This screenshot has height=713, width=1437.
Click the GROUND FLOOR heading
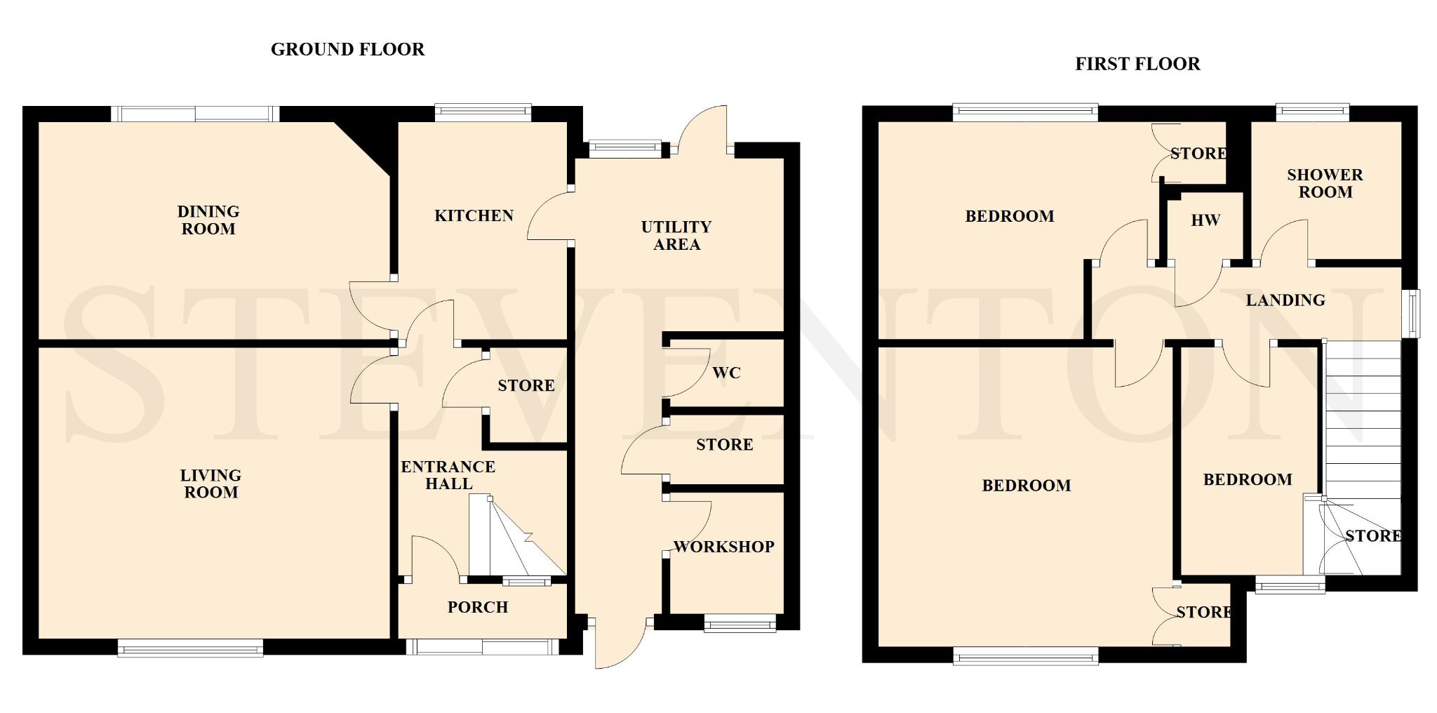pos(347,49)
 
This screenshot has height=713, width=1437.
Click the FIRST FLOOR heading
pos(1137,64)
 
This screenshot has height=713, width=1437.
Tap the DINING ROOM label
pos(208,220)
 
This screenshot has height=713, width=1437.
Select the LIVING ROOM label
pos(210,484)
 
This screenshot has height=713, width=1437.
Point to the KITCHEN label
pos(474,215)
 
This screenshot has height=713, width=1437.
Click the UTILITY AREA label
pos(676,236)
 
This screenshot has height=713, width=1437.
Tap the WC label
pos(726,373)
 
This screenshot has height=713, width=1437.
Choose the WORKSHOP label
pos(723,547)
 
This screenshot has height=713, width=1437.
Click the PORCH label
pos(478,607)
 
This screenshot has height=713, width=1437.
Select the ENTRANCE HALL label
pos(448,475)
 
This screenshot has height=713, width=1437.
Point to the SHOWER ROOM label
pos(1325,183)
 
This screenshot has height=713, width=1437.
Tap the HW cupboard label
pos(1205,220)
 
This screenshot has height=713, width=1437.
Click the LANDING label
pos(1285,300)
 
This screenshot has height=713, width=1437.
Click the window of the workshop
pos(740,623)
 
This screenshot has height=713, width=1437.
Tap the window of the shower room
pos(1313,112)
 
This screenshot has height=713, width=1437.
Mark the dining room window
pos(195,114)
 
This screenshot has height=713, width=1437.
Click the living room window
pos(190,648)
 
